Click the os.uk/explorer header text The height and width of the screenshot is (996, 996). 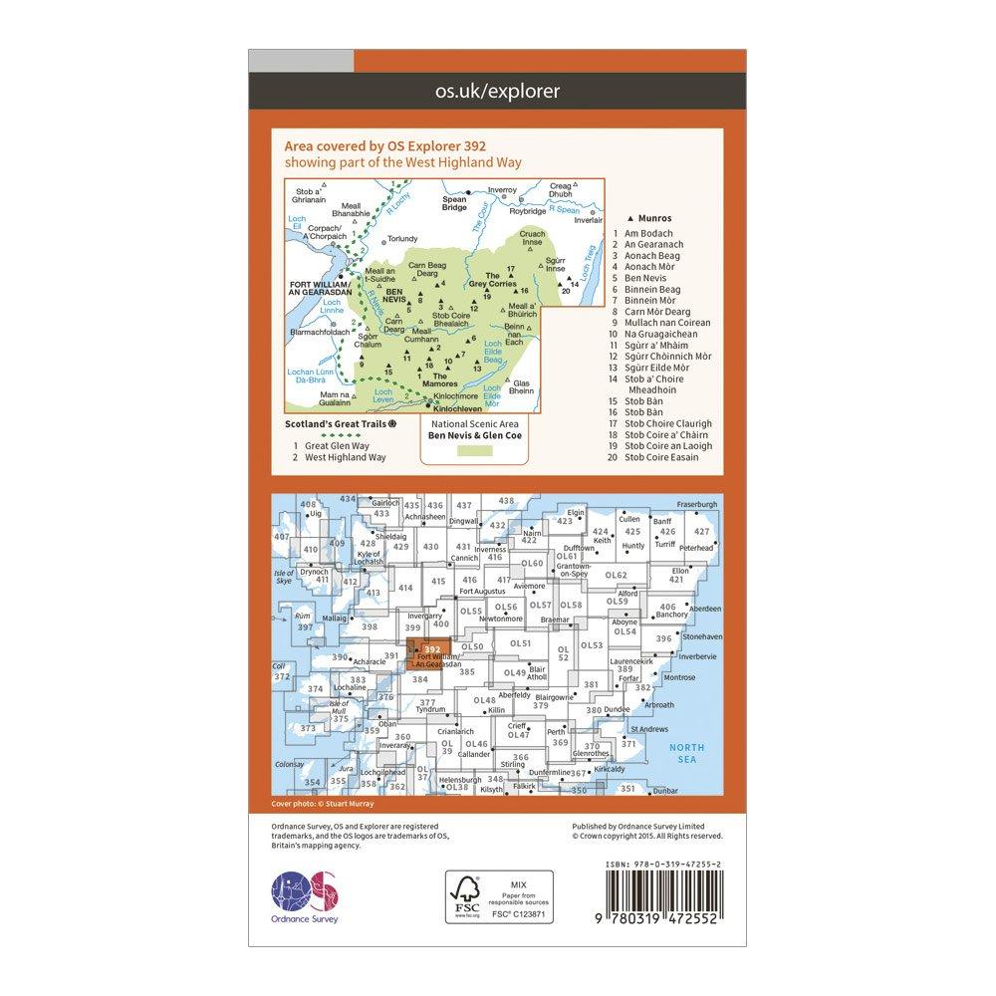pyautogui.click(x=498, y=92)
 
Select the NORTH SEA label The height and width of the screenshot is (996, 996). pyautogui.click(x=685, y=753)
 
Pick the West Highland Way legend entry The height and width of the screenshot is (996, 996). pyautogui.click(x=340, y=457)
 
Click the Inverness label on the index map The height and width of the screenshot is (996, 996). pyautogui.click(x=489, y=549)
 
